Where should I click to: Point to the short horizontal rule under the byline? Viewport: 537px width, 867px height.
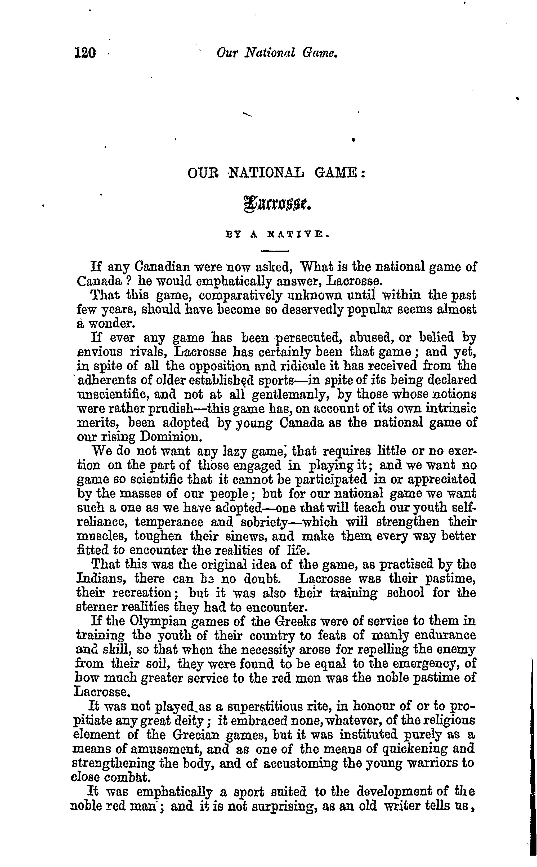(275, 251)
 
